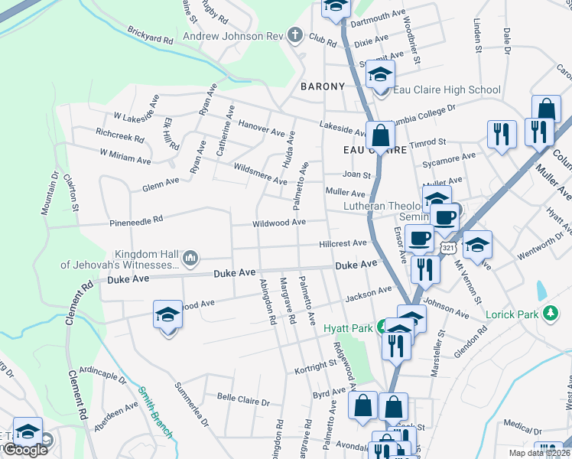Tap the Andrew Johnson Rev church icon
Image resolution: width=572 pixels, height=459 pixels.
pos(295,35)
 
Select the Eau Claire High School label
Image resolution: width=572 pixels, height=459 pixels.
pos(447,90)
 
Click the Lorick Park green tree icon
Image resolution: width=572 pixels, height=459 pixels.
pos(549,314)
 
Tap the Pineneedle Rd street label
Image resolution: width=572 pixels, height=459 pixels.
pos(137,220)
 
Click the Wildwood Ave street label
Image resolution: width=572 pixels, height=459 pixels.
pos(280,223)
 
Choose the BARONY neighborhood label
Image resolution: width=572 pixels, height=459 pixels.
pos(323,86)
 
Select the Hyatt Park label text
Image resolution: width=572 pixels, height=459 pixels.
pos(353,328)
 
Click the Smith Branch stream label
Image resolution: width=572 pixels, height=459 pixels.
pos(155,414)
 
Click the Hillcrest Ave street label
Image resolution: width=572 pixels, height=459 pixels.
pos(343,243)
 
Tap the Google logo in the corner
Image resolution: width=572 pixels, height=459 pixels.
pos(24,451)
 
